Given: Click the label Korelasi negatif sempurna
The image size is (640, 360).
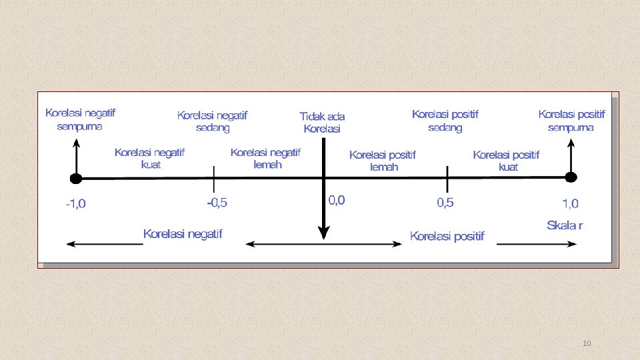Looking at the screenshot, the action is [79, 119].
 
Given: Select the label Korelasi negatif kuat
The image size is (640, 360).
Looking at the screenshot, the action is [149, 158].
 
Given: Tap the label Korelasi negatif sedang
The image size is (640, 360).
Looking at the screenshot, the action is [212, 121].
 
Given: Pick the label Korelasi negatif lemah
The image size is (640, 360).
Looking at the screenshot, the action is [265, 158].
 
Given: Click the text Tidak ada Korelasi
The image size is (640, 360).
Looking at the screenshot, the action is [322, 123].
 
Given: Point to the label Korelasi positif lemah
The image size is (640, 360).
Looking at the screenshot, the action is [383, 161].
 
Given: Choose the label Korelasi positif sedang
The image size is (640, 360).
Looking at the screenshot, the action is [445, 121].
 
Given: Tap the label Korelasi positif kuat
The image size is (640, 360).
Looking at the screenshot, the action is [507, 161].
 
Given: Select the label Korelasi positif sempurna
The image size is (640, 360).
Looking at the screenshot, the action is [571, 120].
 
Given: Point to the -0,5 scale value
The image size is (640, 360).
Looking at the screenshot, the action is [217, 203].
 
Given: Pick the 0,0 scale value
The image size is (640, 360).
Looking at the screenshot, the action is [337, 200].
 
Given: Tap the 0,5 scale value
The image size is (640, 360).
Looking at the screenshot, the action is [445, 203].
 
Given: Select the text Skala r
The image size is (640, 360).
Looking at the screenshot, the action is [565, 225].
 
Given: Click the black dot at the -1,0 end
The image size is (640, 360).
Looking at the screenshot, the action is [76, 178].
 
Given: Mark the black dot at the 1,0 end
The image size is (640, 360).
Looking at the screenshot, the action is [571, 177].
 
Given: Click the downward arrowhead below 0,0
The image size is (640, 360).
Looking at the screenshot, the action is [323, 232].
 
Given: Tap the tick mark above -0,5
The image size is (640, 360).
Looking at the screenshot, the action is [213, 178].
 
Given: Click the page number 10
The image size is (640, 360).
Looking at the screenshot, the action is [587, 343].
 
